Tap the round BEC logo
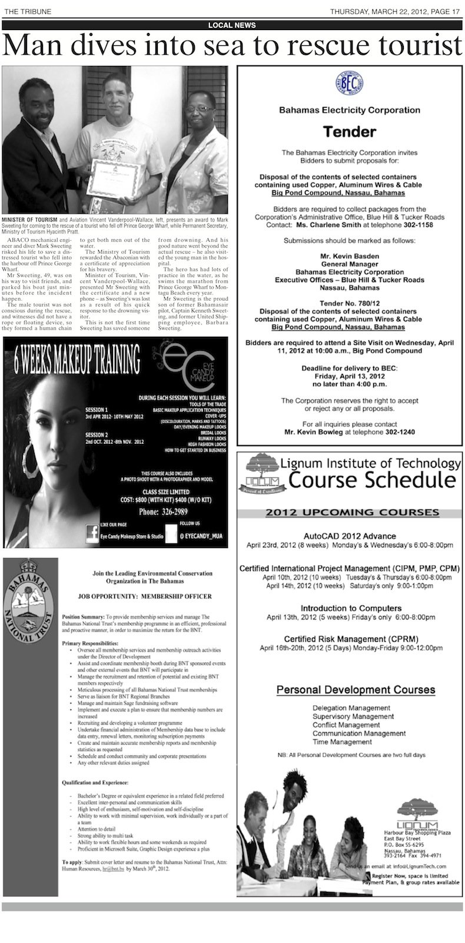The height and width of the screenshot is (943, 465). tap(351, 84)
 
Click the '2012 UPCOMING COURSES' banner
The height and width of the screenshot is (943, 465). tap(351, 512)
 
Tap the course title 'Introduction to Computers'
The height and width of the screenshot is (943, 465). tap(351, 608)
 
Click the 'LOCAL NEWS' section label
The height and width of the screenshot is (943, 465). tap(232, 25)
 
